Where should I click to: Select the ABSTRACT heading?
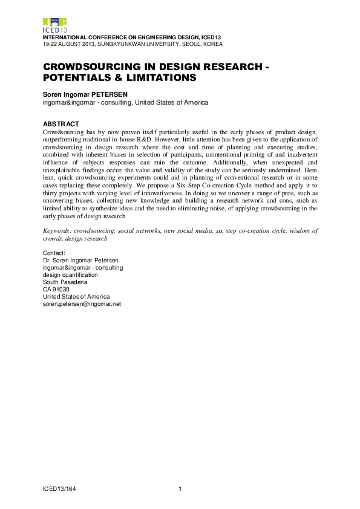[61, 125]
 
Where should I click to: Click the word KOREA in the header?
[212, 44]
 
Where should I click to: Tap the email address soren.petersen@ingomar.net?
[82, 304]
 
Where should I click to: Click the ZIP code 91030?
[60, 290]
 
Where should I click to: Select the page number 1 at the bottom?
[180, 488]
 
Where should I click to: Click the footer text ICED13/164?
[59, 488]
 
